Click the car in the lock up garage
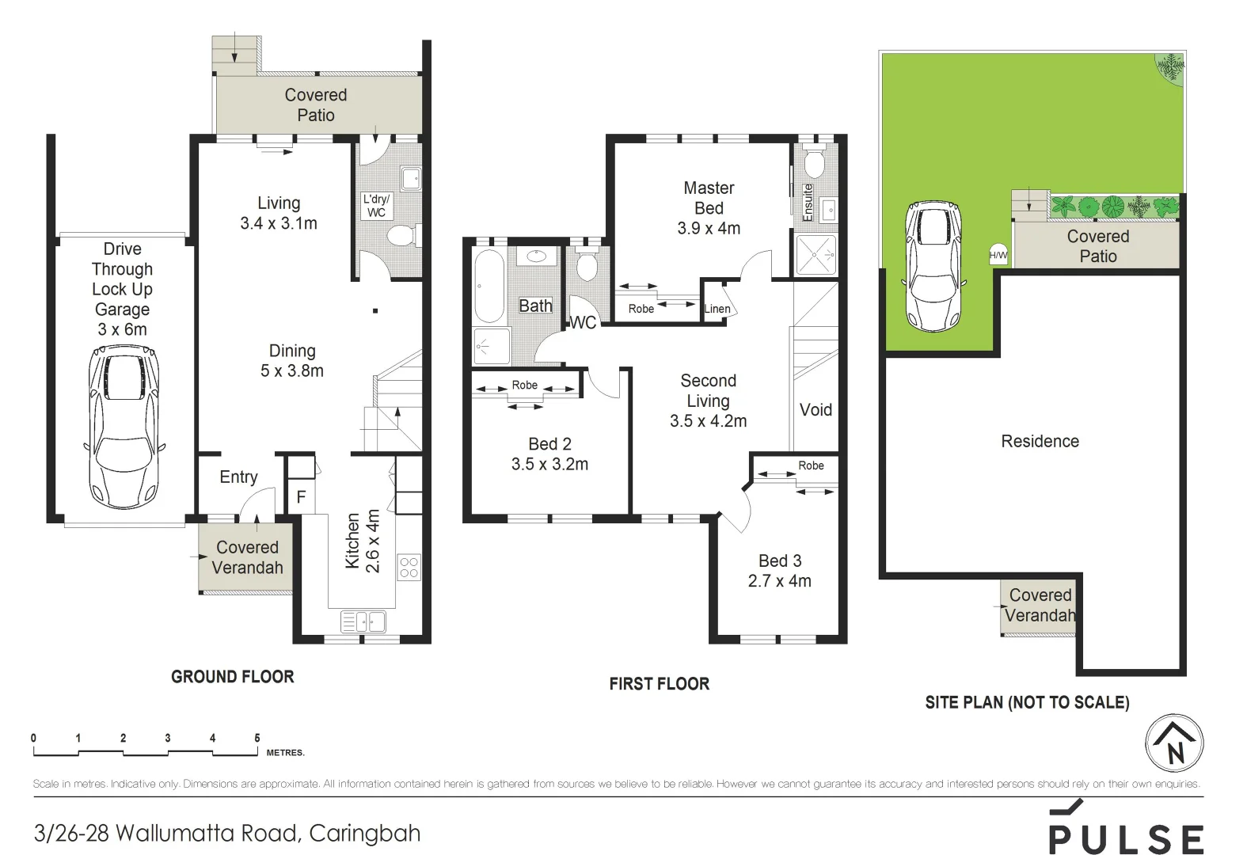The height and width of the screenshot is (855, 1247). pyautogui.click(x=124, y=427)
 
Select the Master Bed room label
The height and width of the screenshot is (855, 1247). pyautogui.click(x=709, y=198)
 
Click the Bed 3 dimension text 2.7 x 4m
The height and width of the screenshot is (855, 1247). pyautogui.click(x=779, y=581)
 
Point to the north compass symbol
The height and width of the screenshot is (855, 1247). pyautogui.click(x=1174, y=744)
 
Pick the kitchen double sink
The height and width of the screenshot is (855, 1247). pyautogui.click(x=363, y=621)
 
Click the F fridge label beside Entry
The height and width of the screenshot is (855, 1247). pyautogui.click(x=301, y=498)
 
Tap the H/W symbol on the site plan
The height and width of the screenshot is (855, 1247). pyautogui.click(x=998, y=255)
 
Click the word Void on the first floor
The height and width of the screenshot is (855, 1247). pyautogui.click(x=815, y=410)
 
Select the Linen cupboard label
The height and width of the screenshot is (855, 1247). pyautogui.click(x=717, y=309)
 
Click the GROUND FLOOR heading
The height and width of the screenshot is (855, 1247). pyautogui.click(x=233, y=677)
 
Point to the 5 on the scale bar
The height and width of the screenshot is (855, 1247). pyautogui.click(x=257, y=738)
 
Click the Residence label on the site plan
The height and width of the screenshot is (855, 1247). pyautogui.click(x=1040, y=442)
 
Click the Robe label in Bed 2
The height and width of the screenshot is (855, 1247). pyautogui.click(x=524, y=385)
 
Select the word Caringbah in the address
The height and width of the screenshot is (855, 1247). pyautogui.click(x=365, y=834)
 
